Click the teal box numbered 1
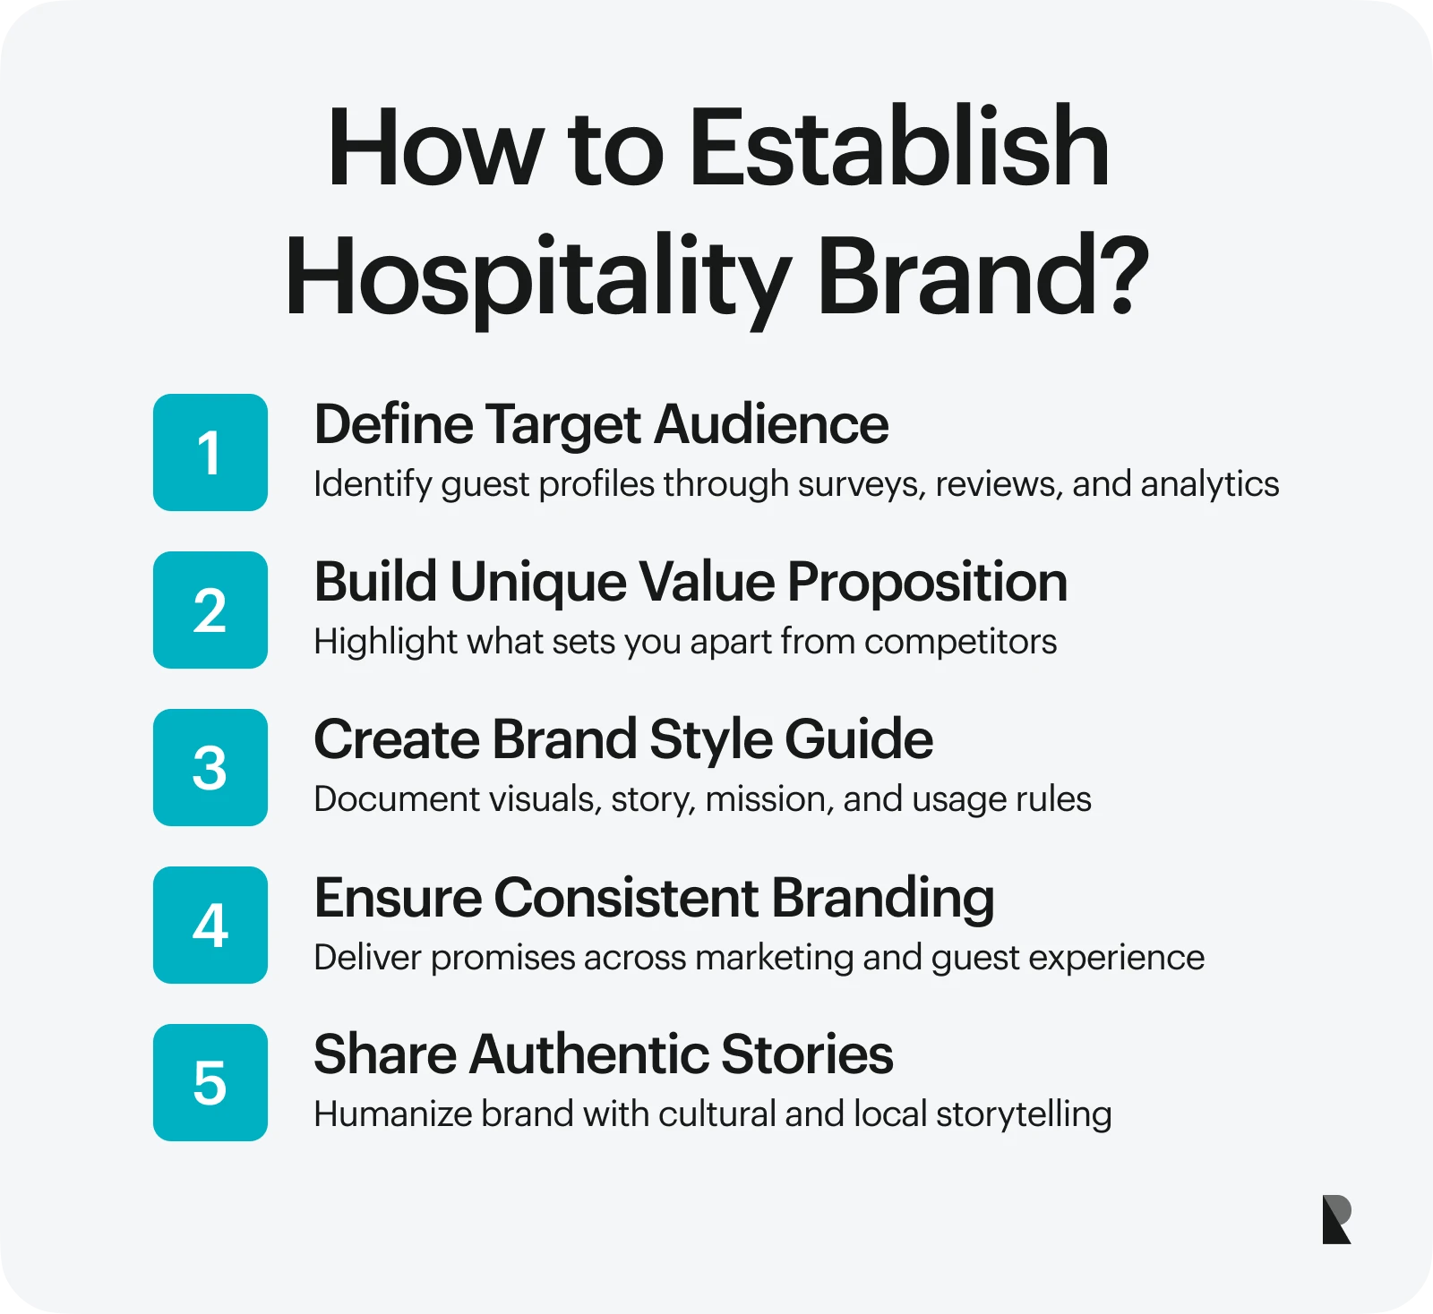210,452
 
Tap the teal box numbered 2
210,610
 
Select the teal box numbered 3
210,767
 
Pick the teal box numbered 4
210,925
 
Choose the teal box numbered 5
210,1082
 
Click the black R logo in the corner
1336,1219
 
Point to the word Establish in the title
899,147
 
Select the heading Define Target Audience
601,424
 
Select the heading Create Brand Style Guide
623,741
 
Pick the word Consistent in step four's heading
626,897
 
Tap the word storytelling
1024,1115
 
